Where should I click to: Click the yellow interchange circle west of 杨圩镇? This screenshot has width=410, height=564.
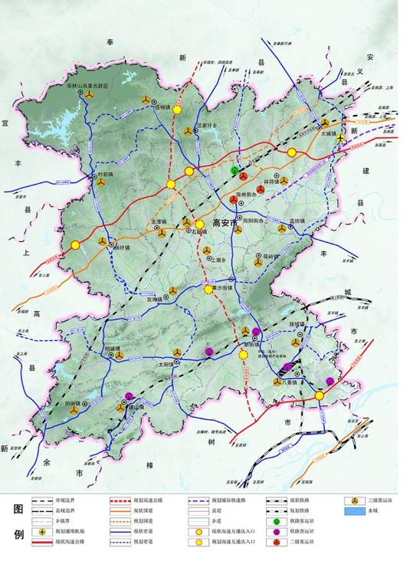[75, 245]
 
